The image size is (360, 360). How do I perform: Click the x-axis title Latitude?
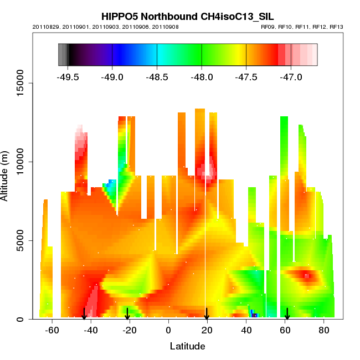(187, 346)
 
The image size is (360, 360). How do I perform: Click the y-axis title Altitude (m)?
(7, 176)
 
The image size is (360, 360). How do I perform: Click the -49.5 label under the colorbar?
(68, 77)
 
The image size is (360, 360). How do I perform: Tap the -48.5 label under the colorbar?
(157, 77)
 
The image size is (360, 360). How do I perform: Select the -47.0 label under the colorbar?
(291, 77)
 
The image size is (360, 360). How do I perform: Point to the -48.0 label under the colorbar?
(202, 77)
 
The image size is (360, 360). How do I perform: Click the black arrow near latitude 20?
(207, 313)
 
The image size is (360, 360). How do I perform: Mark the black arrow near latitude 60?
(287, 313)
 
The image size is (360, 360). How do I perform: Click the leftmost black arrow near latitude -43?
(84, 313)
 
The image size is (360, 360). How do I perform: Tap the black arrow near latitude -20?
(127, 313)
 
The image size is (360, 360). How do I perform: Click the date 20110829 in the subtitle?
(44, 27)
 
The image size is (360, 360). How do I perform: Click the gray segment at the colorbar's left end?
(63, 55)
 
